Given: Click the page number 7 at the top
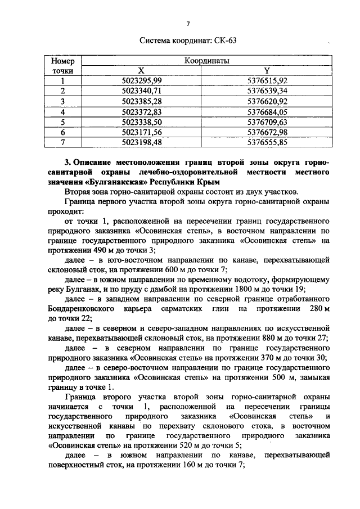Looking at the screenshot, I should (x=188, y=23).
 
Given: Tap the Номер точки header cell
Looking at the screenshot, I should (x=62, y=65).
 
